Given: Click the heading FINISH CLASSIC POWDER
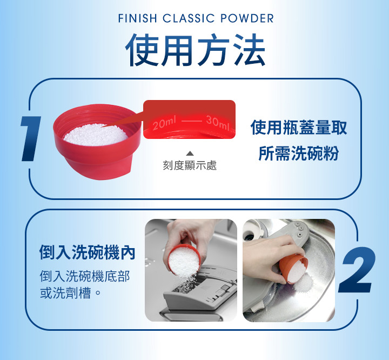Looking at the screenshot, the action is (196, 18).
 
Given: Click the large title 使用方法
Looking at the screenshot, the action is (196, 50).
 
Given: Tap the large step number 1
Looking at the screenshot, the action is (31, 138).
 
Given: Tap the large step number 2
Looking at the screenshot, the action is (357, 270).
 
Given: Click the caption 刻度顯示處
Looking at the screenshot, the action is (190, 165).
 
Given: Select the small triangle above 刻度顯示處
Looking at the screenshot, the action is (190, 154).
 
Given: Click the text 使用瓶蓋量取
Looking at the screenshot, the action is (299, 128).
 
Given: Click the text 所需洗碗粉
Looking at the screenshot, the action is (298, 153).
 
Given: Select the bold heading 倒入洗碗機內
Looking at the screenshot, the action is (88, 252).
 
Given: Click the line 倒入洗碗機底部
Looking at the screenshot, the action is (85, 276).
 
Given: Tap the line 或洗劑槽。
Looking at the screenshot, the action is (70, 293).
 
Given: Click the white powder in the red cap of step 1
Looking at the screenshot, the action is (96, 135).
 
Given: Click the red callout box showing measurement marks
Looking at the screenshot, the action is (189, 119).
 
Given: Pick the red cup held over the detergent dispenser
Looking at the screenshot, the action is (184, 260).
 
